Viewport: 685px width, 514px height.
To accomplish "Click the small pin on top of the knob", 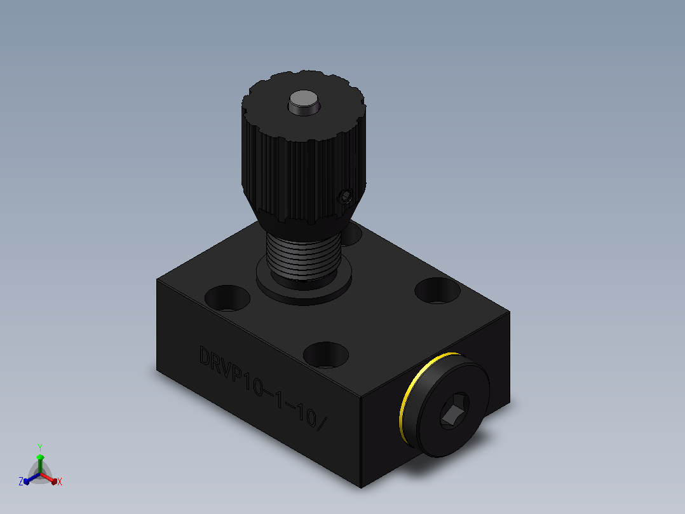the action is click(x=304, y=103).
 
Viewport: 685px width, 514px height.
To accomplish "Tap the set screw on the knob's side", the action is click(x=346, y=197).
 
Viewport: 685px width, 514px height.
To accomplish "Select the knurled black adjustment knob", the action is click(x=304, y=151).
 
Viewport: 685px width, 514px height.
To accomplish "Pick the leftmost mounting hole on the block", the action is click(x=227, y=298).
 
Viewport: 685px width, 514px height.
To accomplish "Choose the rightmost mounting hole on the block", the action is click(x=437, y=291).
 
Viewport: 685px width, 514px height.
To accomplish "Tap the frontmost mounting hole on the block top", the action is click(x=326, y=355).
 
